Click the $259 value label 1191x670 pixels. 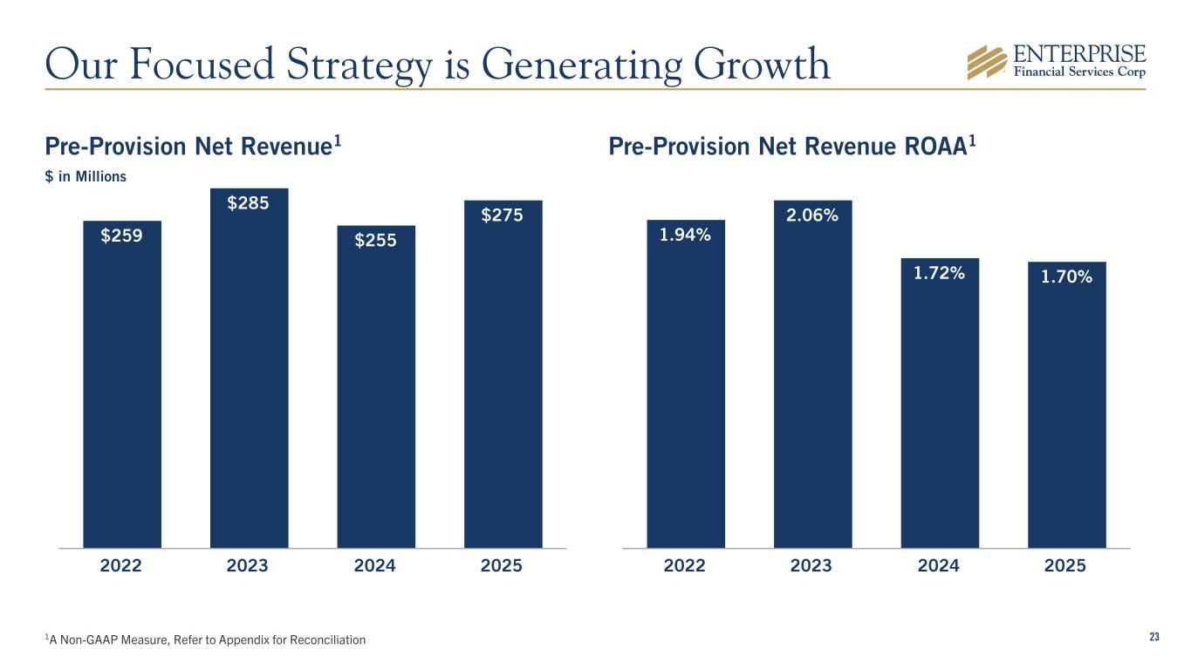[122, 236]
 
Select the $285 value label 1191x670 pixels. [249, 203]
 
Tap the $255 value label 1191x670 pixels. [375, 241]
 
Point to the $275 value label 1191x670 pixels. [503, 215]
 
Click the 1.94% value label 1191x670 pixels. [685, 234]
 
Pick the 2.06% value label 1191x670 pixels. [812, 215]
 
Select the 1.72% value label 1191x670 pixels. [939, 273]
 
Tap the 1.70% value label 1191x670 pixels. [1066, 277]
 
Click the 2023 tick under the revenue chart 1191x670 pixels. [248, 566]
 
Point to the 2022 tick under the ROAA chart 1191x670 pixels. [685, 566]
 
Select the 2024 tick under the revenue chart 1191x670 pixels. [375, 566]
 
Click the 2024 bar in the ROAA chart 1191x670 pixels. [939, 410]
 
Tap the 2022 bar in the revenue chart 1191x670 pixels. [122, 393]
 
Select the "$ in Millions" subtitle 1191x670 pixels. [86, 176]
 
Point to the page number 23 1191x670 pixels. [1153, 638]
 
